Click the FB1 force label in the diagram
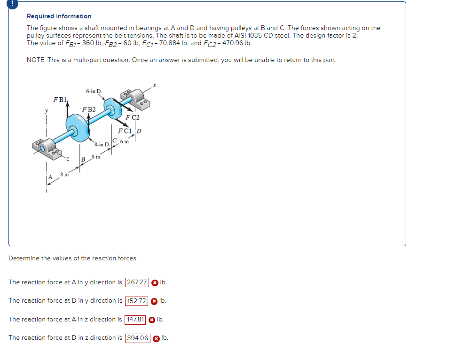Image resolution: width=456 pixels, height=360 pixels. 61,100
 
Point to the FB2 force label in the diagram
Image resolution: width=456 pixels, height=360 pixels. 88,109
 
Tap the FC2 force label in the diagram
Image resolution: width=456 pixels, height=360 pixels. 133,117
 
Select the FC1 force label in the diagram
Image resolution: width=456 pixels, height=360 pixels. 126,131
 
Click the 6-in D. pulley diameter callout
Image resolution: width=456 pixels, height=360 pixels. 96,91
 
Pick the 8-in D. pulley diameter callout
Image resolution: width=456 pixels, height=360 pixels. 102,144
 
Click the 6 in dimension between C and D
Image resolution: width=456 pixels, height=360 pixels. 125,141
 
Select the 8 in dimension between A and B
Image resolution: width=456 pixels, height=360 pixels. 64,174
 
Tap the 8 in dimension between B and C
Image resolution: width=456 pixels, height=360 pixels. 96,157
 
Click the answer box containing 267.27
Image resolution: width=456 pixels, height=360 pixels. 137,282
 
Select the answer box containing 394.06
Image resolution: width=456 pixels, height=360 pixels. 138,338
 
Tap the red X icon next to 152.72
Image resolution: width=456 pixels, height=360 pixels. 154,301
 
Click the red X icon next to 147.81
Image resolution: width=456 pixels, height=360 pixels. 152,320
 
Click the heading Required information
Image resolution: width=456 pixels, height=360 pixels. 59,16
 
